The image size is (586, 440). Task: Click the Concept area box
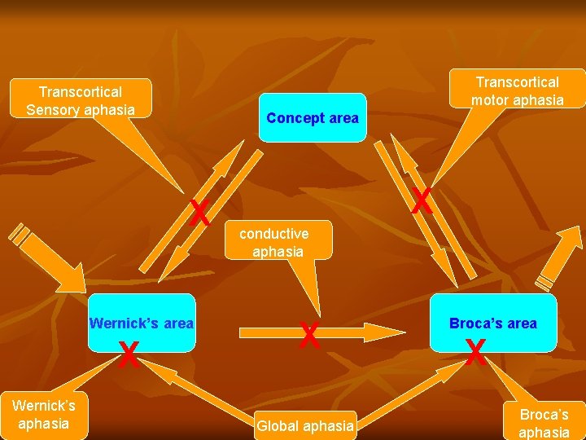point(313,118)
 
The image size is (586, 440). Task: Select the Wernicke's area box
point(142,323)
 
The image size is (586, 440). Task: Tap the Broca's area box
point(493,323)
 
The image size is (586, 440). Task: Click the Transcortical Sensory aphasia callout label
point(80,99)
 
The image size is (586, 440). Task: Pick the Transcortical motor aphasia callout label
point(517,90)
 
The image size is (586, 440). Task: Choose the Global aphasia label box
point(305,425)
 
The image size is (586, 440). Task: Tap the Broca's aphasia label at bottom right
point(544,423)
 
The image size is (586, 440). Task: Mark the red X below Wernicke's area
point(128,355)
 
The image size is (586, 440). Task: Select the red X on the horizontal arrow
point(309,335)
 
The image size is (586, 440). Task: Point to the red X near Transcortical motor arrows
point(421,200)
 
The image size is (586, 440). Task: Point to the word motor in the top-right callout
point(492,100)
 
